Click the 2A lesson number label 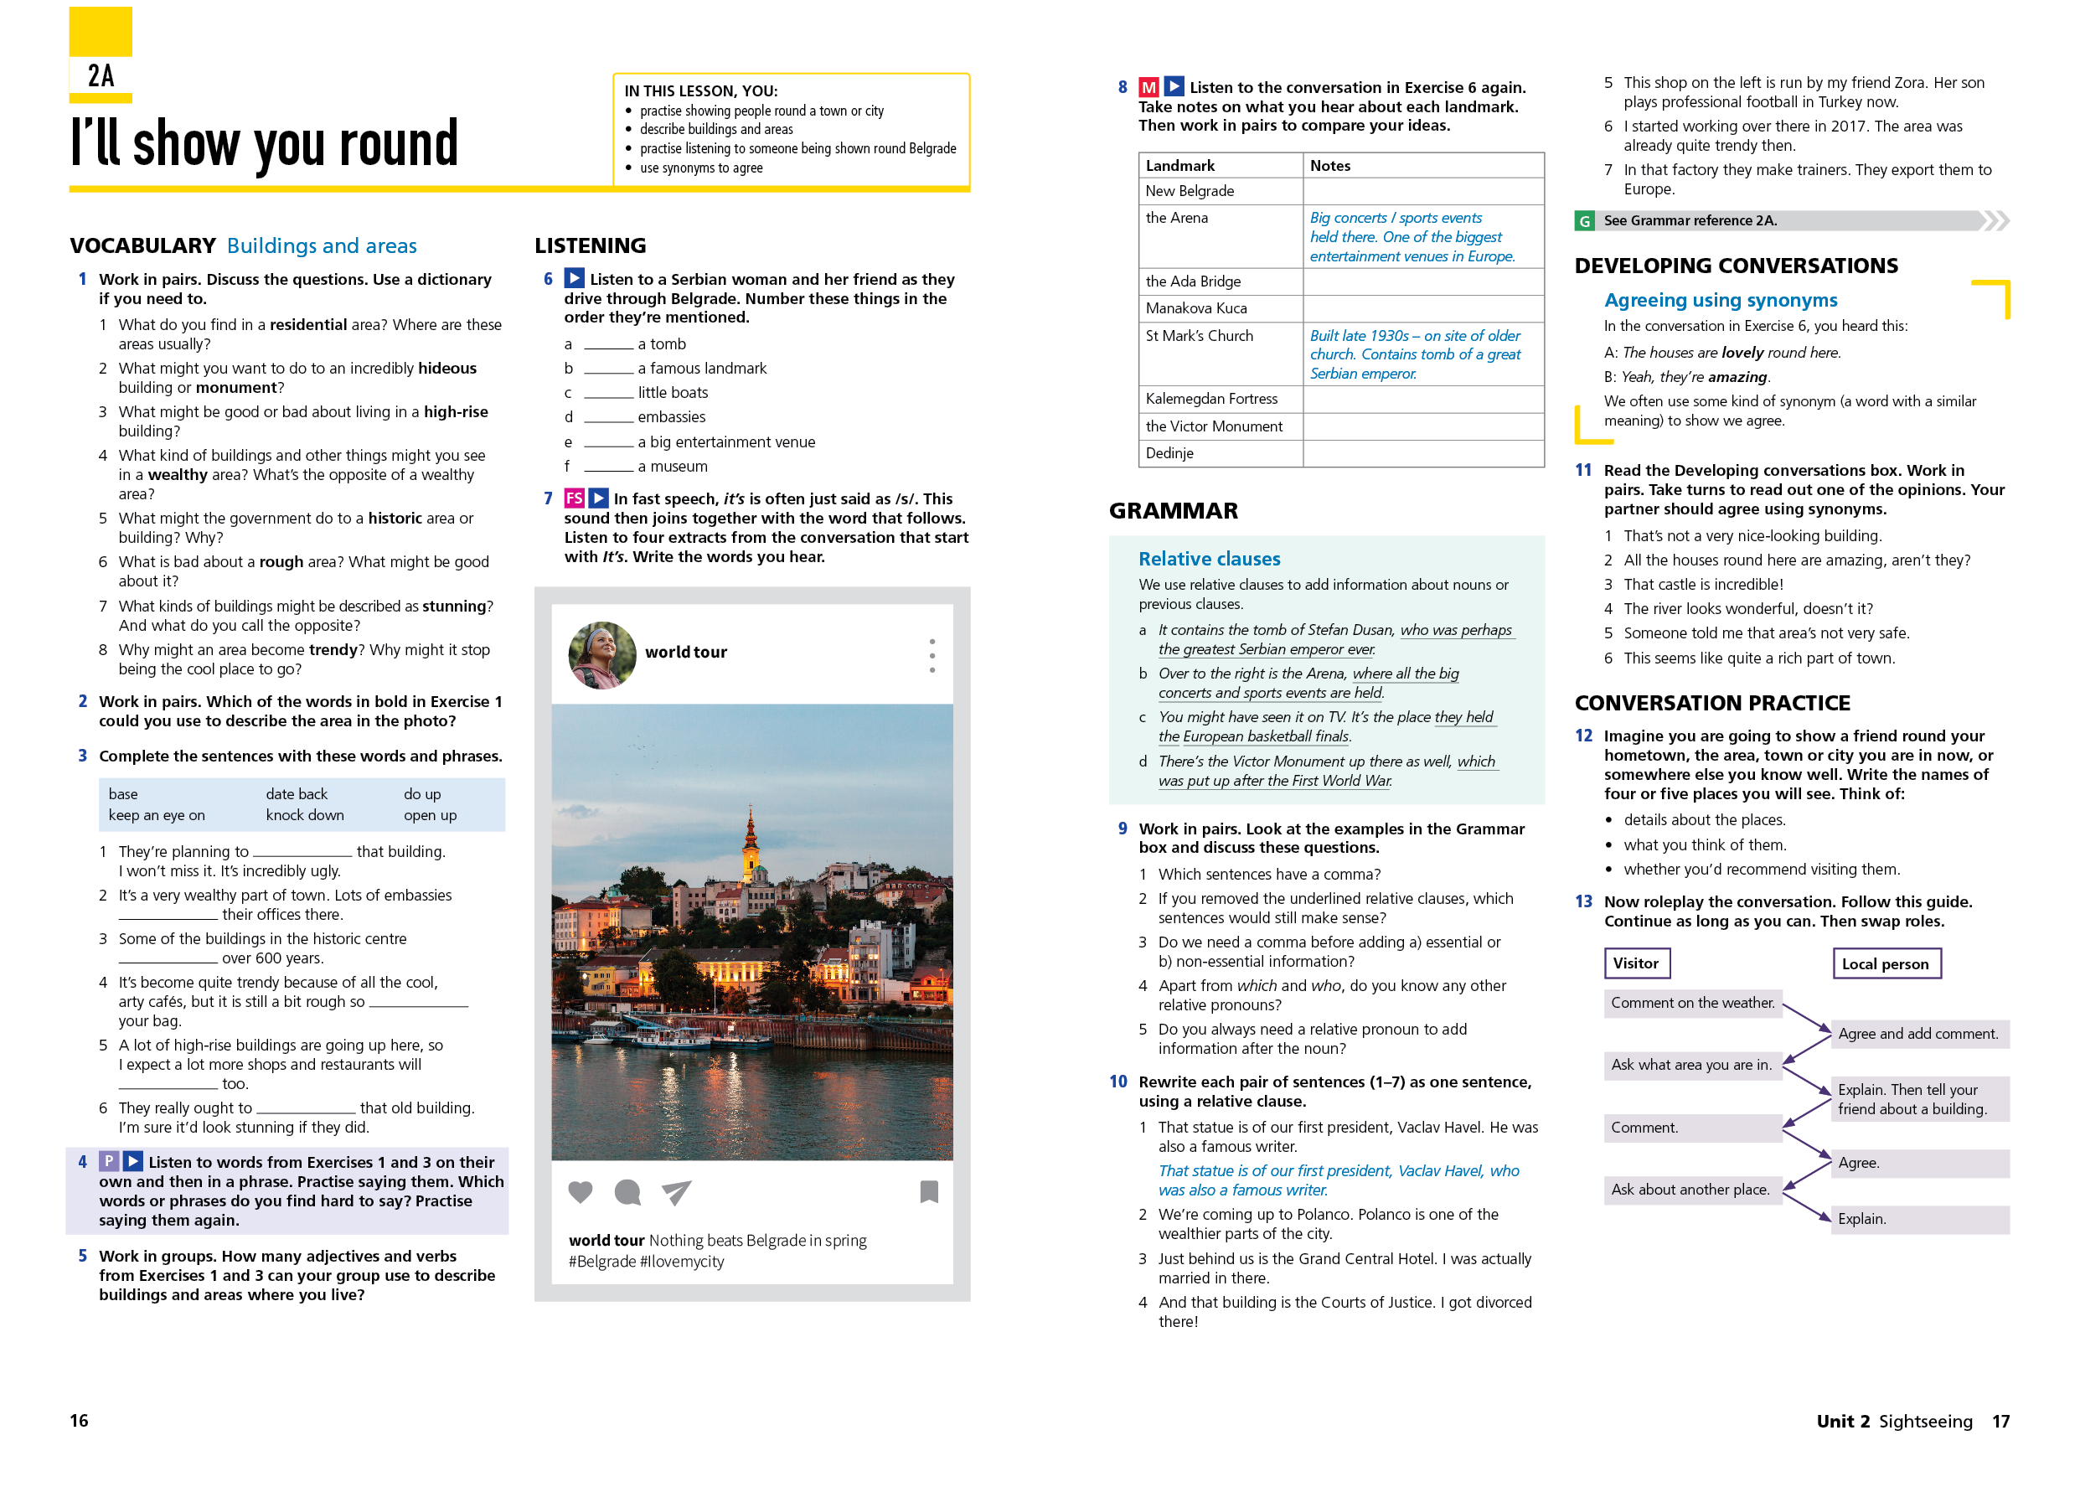click(101, 75)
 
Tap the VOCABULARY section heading click(142, 245)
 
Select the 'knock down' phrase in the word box click(305, 815)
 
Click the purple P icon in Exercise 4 click(109, 1161)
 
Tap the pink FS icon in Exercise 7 click(574, 498)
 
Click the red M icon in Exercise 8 click(1148, 87)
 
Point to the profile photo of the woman click(601, 654)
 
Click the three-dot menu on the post click(932, 656)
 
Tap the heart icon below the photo click(581, 1191)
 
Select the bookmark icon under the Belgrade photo click(928, 1191)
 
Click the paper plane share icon click(676, 1191)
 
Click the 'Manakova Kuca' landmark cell click(1195, 307)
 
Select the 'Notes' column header click(1329, 166)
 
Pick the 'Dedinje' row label click(1169, 453)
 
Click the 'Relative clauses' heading click(1209, 559)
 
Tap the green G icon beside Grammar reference click(1584, 220)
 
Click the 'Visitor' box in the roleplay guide click(1636, 963)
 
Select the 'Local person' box click(1885, 963)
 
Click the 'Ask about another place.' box click(1690, 1190)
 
